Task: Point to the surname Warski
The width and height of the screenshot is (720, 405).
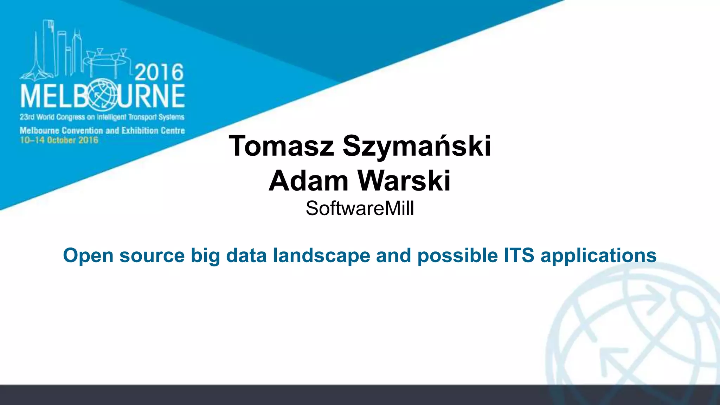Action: (404, 181)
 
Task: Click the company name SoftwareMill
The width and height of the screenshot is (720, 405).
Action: (360, 208)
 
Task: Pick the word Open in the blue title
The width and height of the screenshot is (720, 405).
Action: (88, 256)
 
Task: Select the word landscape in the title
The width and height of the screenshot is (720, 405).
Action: (321, 256)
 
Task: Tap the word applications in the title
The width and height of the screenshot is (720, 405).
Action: (598, 256)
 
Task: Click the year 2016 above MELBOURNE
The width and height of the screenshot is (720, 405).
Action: (159, 73)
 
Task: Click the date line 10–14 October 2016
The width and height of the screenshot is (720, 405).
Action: (59, 140)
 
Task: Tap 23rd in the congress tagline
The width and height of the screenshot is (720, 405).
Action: (27, 117)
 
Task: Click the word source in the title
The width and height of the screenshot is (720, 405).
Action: (152, 256)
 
